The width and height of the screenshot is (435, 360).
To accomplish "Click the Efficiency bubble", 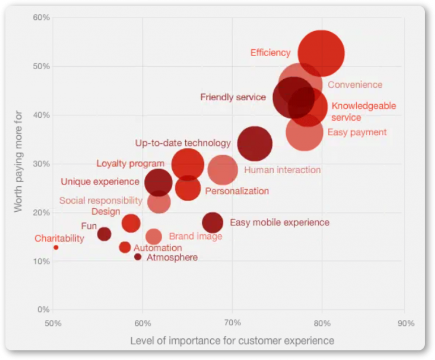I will (321, 53).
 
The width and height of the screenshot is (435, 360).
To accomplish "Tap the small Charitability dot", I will (56, 247).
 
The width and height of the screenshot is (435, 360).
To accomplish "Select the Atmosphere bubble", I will (138, 257).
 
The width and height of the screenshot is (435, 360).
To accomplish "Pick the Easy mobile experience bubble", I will (212, 223).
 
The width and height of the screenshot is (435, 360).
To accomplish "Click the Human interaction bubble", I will (223, 170).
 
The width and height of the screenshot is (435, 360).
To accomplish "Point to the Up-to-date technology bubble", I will (254, 144).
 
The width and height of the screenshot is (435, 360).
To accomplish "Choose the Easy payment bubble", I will (305, 132).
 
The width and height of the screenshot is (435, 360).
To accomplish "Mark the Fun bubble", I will (104, 234).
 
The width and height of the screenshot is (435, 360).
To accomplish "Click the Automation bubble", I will (125, 247).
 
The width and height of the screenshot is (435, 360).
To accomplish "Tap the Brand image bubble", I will (153, 237).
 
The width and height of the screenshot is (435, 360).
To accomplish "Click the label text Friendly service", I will (233, 97).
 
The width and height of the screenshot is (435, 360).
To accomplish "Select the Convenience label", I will (355, 85).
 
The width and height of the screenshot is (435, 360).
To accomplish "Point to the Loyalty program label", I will (130, 164).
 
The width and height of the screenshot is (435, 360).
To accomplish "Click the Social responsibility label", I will (101, 200).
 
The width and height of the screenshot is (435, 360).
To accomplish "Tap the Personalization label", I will (237, 191).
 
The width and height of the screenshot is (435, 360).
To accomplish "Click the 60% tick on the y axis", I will (42, 18).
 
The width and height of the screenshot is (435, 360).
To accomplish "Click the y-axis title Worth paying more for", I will (19, 161).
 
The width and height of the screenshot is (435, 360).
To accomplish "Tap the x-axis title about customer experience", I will (232, 340).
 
